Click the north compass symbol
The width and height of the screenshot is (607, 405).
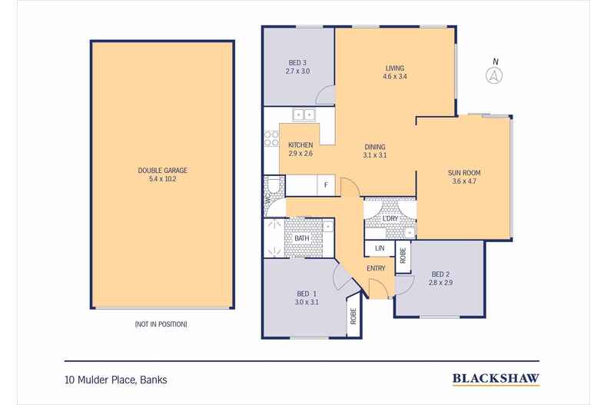(496, 75)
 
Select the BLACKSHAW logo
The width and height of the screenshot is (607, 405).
(495, 378)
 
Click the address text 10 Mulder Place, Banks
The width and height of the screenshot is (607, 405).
(115, 379)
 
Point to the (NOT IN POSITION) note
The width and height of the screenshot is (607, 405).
(161, 324)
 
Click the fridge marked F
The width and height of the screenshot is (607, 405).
(326, 185)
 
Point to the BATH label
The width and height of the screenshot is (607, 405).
(302, 238)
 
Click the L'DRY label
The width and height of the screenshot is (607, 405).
(390, 220)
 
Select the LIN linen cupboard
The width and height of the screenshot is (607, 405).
(379, 249)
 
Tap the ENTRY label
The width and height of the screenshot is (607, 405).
(376, 267)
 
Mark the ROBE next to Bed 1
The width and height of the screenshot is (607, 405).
(353, 316)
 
